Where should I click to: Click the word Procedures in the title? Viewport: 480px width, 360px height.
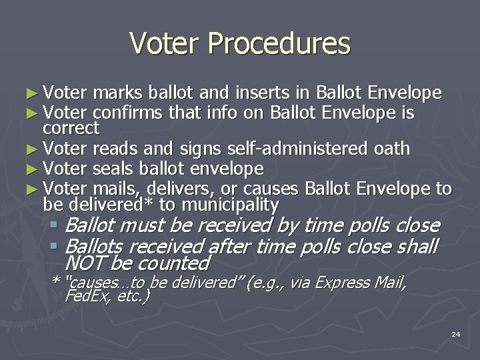point(279,43)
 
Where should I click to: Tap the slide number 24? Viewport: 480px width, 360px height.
point(455,333)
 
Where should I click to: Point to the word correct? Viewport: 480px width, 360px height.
point(71,127)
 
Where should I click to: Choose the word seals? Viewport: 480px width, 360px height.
point(116,169)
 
